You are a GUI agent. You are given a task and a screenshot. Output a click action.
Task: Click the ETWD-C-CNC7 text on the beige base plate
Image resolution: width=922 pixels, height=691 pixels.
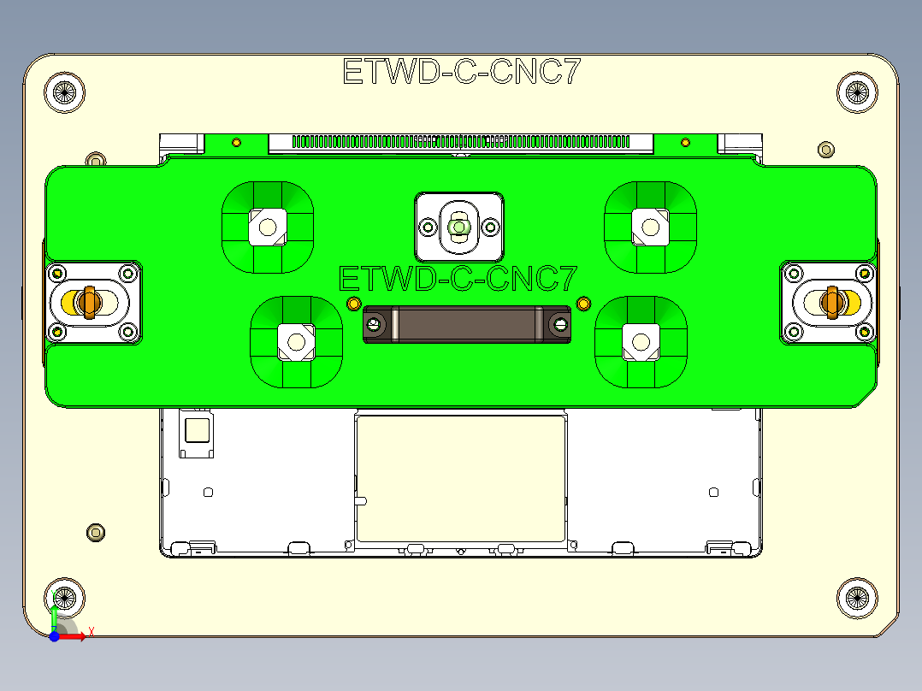(x=461, y=72)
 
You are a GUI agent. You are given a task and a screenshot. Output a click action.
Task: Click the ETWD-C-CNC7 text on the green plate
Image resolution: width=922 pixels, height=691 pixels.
(x=458, y=279)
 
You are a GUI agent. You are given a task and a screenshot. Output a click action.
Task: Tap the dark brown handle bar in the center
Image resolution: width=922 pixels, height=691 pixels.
(x=467, y=324)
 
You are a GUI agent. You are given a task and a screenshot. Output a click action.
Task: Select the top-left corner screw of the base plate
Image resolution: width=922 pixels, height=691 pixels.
(x=65, y=92)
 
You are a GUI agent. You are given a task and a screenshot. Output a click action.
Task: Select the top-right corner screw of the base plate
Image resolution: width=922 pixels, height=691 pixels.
(x=856, y=92)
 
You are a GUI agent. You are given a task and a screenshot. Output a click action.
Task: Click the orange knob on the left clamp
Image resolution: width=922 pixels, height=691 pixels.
(x=86, y=301)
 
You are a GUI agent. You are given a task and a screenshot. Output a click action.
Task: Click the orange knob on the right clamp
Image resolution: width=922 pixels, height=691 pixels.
(x=831, y=301)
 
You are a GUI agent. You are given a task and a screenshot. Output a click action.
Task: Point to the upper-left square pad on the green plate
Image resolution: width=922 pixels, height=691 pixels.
(x=268, y=227)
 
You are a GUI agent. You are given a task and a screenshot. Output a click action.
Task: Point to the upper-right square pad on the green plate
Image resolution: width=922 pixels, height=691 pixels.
(x=650, y=227)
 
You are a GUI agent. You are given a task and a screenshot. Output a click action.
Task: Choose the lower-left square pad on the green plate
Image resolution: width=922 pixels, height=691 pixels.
(x=296, y=340)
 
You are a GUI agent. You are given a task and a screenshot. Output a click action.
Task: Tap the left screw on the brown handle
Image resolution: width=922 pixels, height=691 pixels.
(x=374, y=324)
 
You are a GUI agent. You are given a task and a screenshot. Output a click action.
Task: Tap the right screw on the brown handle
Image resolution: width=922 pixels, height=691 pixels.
(x=560, y=324)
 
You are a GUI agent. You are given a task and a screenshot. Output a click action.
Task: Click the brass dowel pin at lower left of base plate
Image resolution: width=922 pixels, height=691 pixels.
(x=96, y=533)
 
